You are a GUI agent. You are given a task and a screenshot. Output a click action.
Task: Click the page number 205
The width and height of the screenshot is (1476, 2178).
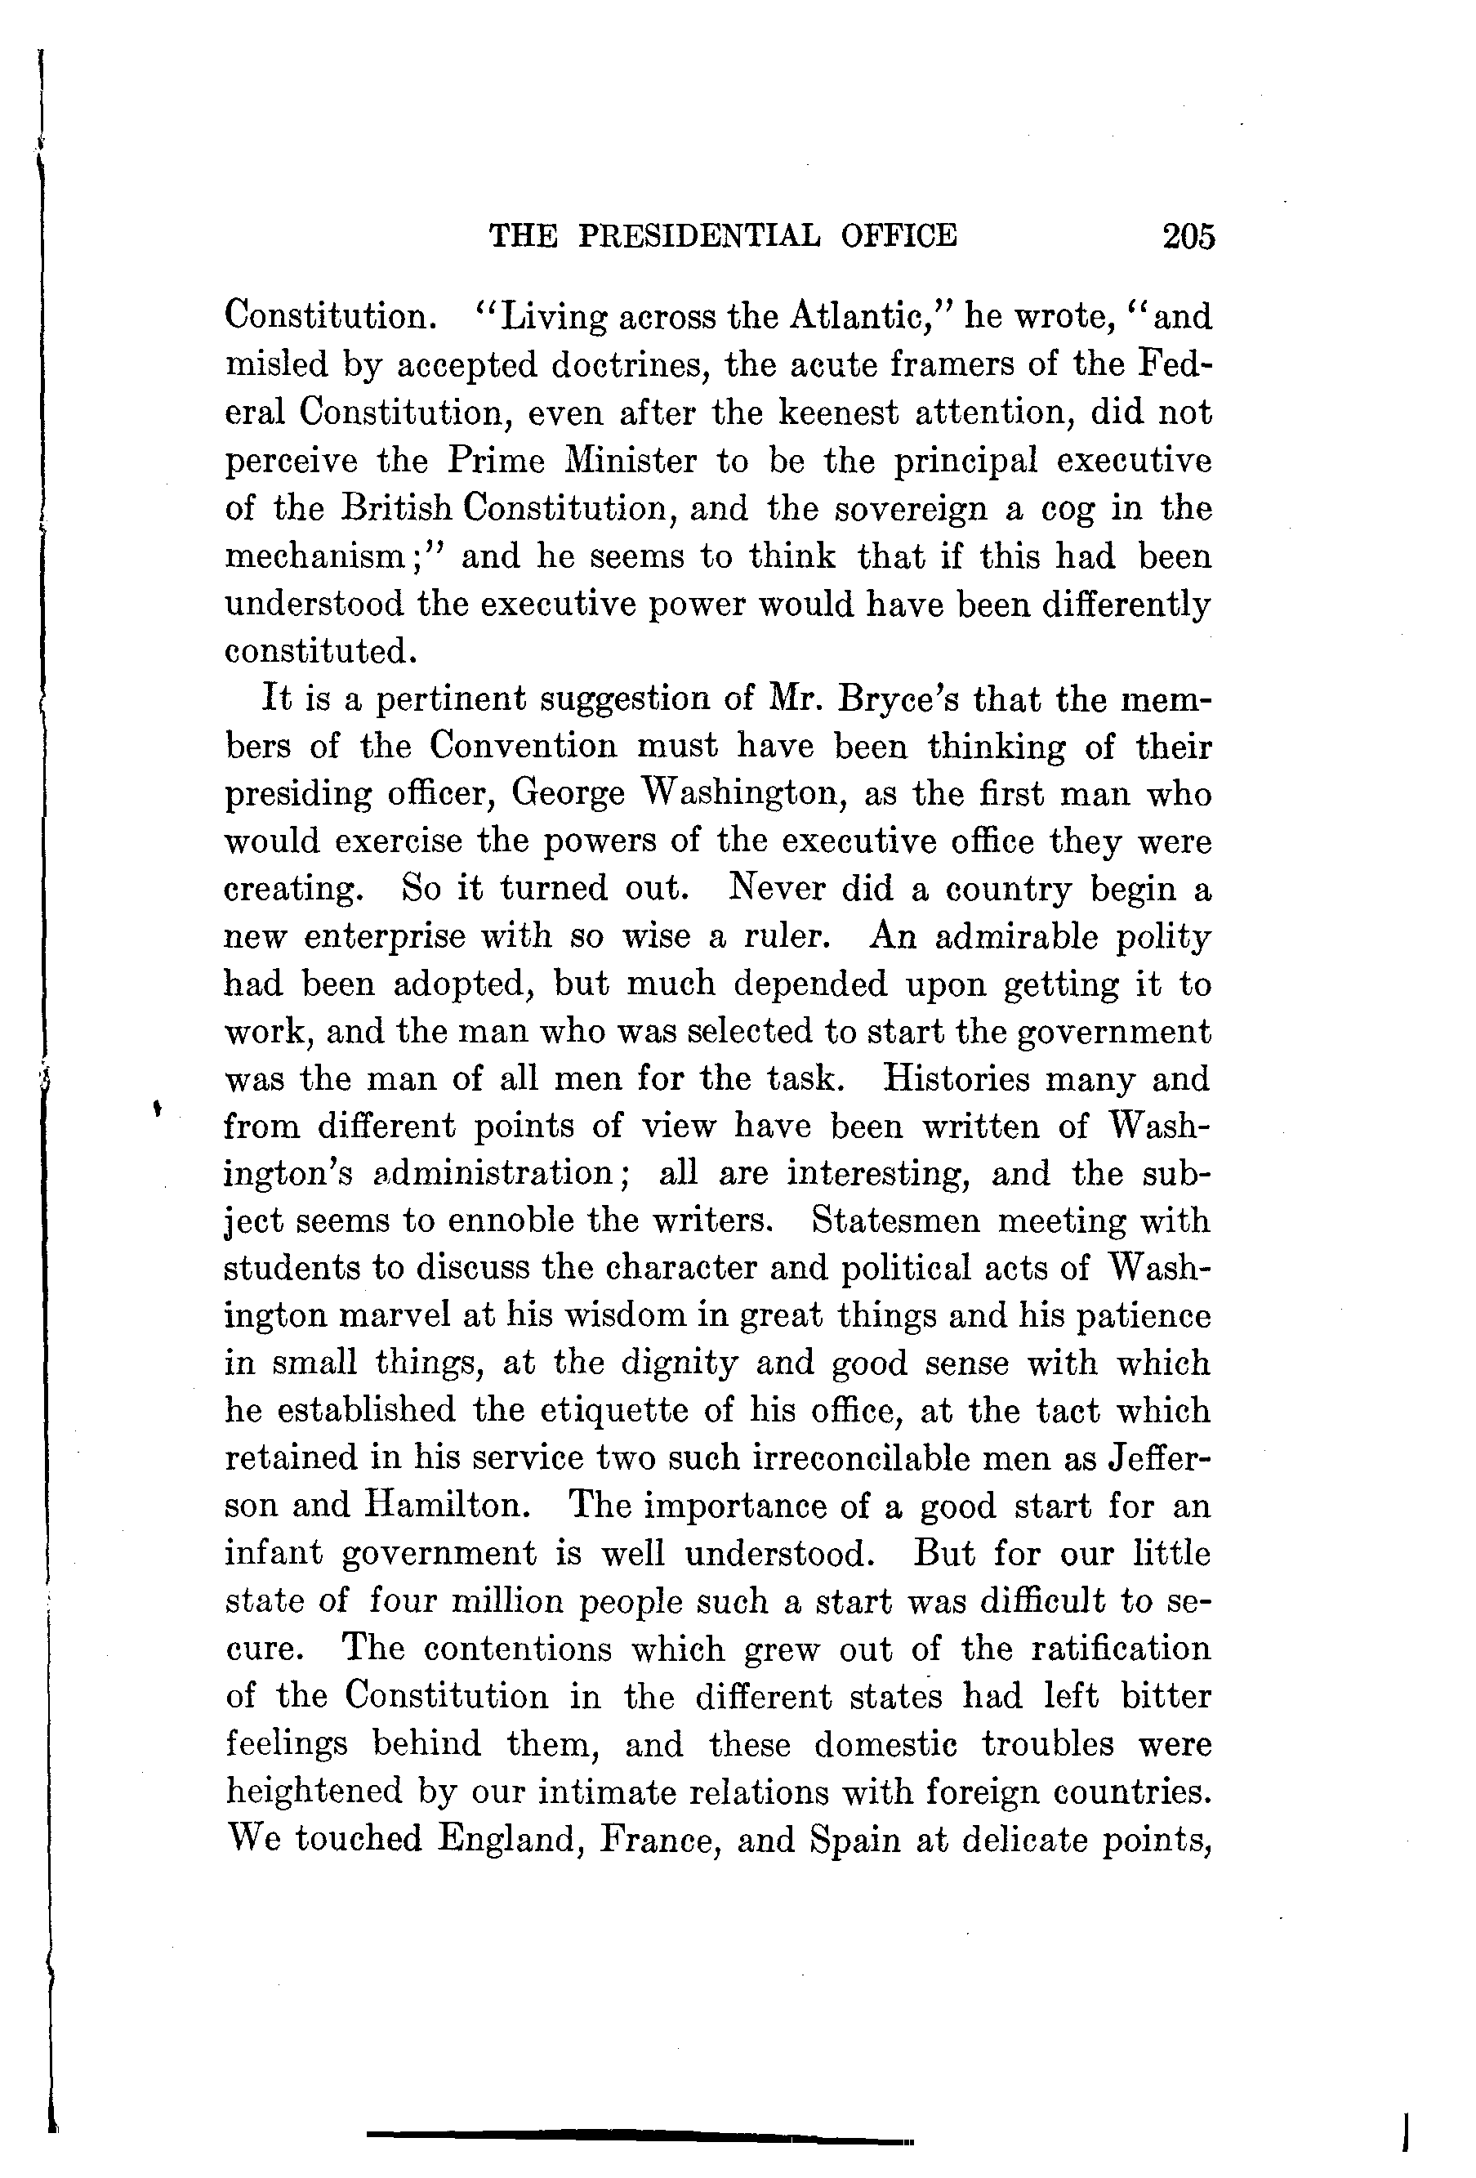coord(1188,236)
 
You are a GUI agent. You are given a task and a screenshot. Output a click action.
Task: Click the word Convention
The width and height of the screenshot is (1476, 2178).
coord(524,746)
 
